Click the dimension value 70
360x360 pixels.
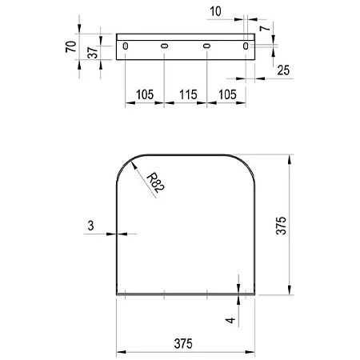tap(71, 46)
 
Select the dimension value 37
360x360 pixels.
tap(93, 53)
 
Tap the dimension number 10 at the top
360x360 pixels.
tap(215, 11)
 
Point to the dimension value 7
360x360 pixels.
tap(266, 27)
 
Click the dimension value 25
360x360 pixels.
tap(283, 70)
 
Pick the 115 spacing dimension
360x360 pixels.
tap(188, 94)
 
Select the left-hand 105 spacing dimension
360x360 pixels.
tap(145, 94)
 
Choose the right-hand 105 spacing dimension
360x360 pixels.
tap(227, 94)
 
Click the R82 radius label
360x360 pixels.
tap(156, 182)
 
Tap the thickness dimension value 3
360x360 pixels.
tap(90, 226)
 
